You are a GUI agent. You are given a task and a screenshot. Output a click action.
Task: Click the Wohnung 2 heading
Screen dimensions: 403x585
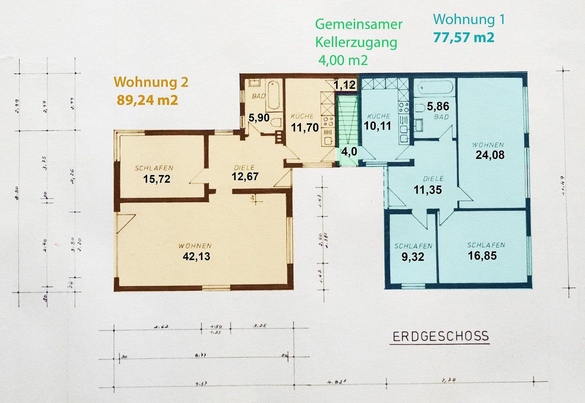click(151, 82)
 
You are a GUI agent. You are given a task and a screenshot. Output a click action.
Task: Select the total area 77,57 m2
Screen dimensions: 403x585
click(464, 37)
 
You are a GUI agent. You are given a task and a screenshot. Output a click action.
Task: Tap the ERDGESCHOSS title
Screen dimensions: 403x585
click(440, 336)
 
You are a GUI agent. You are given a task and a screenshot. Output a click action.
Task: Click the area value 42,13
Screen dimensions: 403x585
click(196, 256)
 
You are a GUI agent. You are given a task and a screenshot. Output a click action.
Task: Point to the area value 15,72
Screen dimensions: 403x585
click(157, 179)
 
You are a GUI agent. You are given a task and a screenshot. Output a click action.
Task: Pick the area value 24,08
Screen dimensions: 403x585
click(490, 154)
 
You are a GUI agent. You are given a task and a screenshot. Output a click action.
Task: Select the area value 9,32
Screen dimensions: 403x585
click(412, 257)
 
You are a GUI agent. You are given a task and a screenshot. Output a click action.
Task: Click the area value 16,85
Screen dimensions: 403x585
click(482, 256)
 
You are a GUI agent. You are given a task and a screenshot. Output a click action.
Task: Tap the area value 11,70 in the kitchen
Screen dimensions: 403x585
click(305, 128)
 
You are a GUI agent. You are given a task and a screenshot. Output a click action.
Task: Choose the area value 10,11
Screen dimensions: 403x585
click(377, 126)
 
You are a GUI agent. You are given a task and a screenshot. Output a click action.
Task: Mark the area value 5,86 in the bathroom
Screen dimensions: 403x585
click(438, 106)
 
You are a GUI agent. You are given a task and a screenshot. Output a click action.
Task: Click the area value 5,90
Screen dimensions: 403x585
click(259, 118)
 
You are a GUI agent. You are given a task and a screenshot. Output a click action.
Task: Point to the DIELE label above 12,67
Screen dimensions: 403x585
click(244, 168)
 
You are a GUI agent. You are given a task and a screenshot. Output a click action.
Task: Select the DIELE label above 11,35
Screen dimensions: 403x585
click(433, 179)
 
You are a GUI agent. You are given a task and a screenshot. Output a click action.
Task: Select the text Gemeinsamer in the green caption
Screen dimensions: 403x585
click(359, 24)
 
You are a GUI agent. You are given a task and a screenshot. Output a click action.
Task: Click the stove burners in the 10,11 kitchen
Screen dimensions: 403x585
click(403, 108)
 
